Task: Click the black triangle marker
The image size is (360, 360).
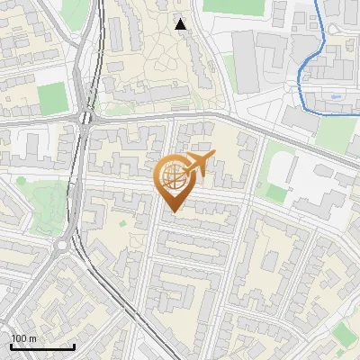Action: [181, 24]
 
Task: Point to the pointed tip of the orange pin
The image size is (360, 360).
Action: [171, 211]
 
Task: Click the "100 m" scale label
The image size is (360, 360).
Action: [23, 338]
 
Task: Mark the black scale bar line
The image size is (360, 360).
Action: [41, 346]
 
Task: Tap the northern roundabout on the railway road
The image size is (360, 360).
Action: [87, 116]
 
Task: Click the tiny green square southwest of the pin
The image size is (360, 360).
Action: [122, 222]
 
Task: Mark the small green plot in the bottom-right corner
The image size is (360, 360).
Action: [345, 335]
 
